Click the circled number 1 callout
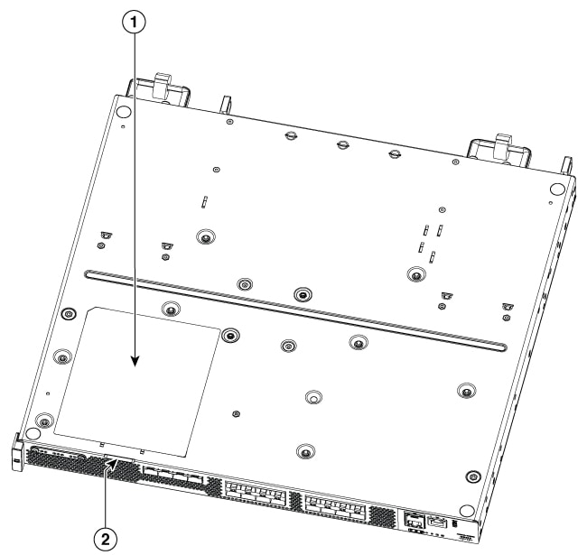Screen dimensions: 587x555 point(134,23)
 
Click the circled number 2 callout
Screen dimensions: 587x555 point(106,540)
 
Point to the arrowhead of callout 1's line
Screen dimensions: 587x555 point(135,361)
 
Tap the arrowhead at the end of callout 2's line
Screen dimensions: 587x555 point(113,464)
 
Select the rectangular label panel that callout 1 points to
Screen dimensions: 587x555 point(137,382)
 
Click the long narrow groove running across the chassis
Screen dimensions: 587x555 point(295,310)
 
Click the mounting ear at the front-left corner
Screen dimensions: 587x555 point(17,452)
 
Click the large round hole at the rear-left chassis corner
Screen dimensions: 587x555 point(123,111)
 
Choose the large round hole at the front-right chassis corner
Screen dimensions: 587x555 point(466,511)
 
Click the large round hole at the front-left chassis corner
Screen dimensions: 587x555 point(33,433)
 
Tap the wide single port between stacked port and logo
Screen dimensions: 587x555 point(437,523)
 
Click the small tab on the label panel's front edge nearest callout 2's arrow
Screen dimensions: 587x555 point(101,445)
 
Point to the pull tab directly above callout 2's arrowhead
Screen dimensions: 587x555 point(119,458)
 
